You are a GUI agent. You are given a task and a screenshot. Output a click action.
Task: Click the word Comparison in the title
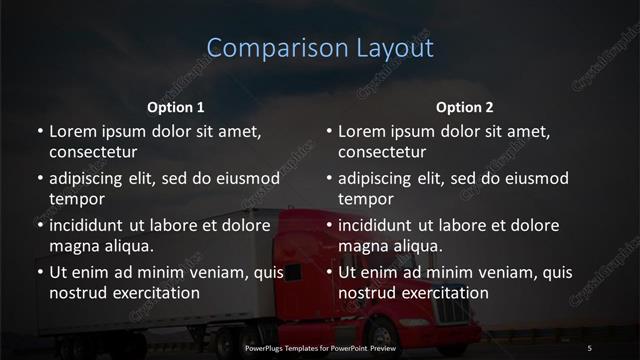[267, 47]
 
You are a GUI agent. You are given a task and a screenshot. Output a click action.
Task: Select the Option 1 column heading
[175, 107]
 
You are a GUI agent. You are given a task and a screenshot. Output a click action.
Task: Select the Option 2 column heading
[465, 107]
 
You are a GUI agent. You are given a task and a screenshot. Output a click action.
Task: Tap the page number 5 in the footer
[590, 347]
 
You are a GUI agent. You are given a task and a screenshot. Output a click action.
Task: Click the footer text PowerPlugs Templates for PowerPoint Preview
[320, 347]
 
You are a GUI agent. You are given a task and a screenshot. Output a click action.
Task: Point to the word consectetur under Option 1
[93, 152]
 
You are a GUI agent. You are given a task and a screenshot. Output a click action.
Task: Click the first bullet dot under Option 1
[40, 131]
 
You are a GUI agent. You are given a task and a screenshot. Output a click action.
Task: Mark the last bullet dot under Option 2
[329, 272]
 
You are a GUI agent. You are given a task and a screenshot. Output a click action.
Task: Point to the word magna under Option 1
[73, 245]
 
